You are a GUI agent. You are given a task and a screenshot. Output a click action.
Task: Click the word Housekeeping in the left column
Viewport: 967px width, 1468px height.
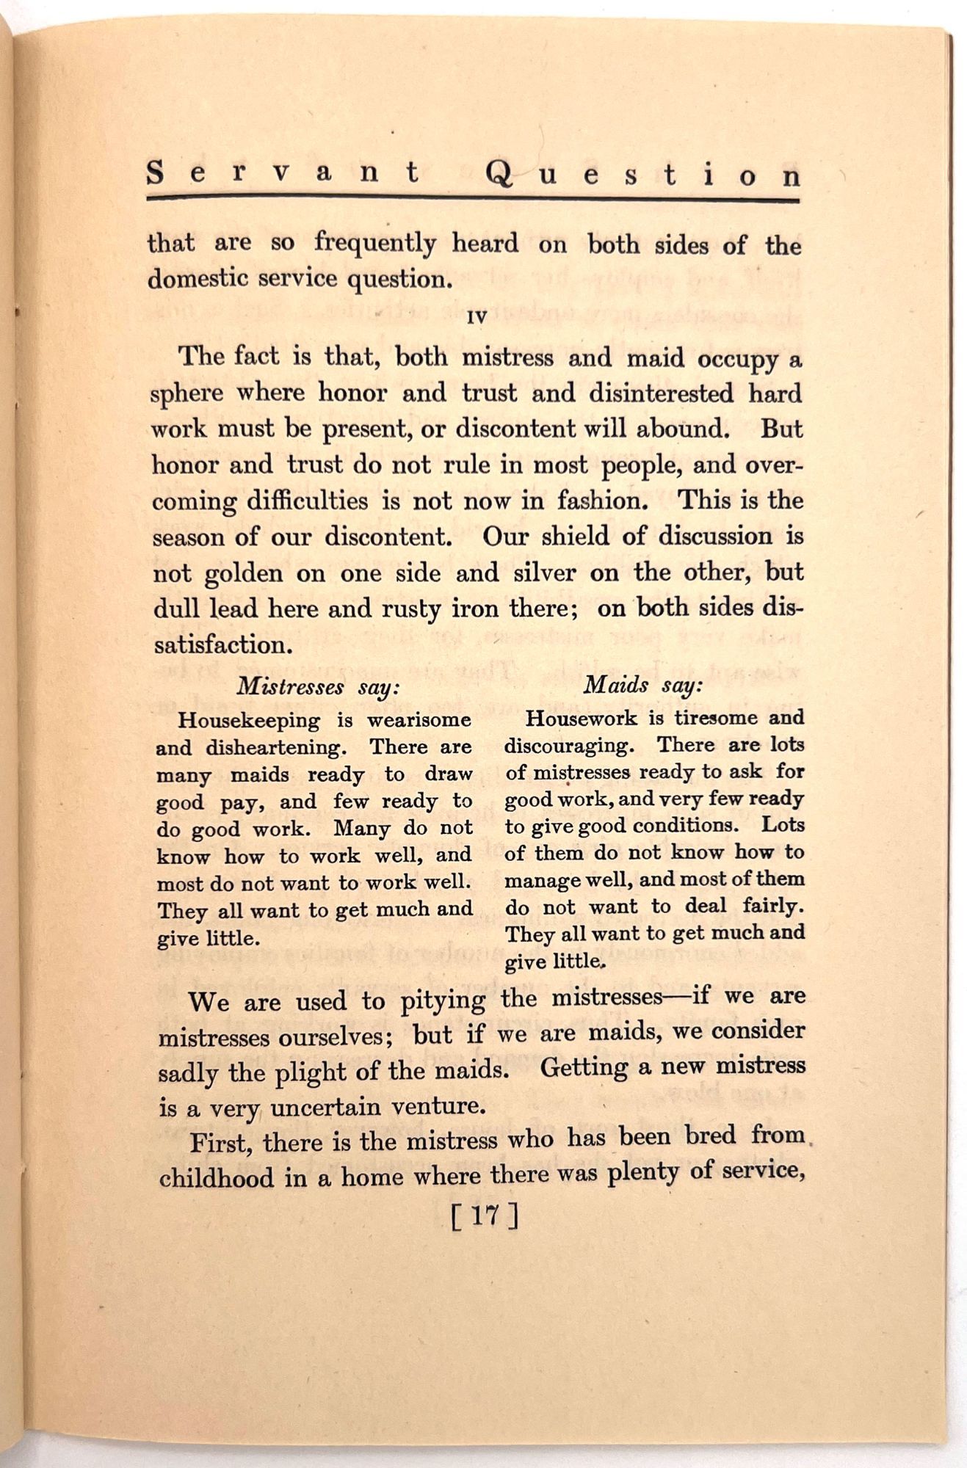(249, 721)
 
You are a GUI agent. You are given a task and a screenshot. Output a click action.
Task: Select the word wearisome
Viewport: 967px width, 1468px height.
(419, 720)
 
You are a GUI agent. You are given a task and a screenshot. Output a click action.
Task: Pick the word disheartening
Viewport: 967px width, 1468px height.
(276, 748)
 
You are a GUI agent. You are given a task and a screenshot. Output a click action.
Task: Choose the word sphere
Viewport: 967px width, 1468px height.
(187, 394)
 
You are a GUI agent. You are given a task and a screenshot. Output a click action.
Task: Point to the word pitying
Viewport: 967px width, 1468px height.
(443, 1000)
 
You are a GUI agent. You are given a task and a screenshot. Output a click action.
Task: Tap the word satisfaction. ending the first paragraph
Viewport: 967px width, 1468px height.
(223, 646)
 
